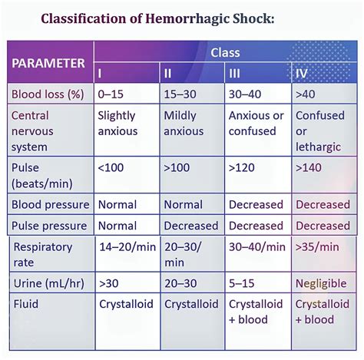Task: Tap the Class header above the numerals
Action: pyautogui.click(x=225, y=53)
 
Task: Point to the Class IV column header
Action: pyautogui.click(x=302, y=73)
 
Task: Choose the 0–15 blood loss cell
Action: pyautogui.click(x=111, y=95)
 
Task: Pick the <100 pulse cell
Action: pyautogui.click(x=112, y=167)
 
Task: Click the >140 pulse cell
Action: pyautogui.click(x=310, y=167)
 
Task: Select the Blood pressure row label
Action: pyautogui.click(x=50, y=205)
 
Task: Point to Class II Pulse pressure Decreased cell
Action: pyautogui.click(x=192, y=226)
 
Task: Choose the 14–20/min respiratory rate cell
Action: pyautogui.click(x=126, y=247)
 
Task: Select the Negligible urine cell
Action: pyautogui.click(x=323, y=283)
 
